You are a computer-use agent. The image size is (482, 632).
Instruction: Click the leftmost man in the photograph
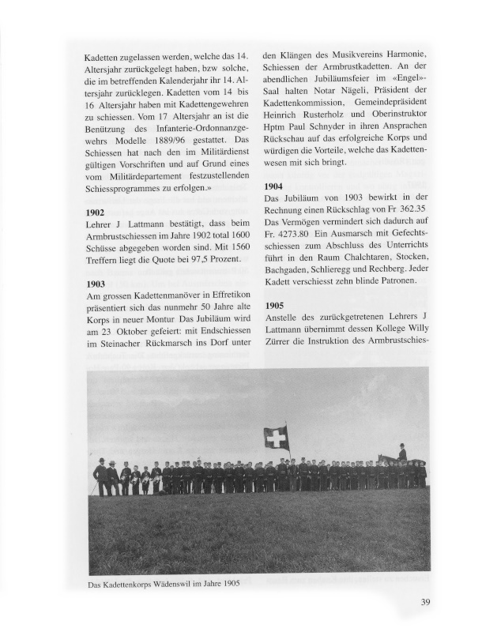tap(100, 476)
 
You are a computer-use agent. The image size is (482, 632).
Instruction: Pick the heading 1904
tap(273, 186)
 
